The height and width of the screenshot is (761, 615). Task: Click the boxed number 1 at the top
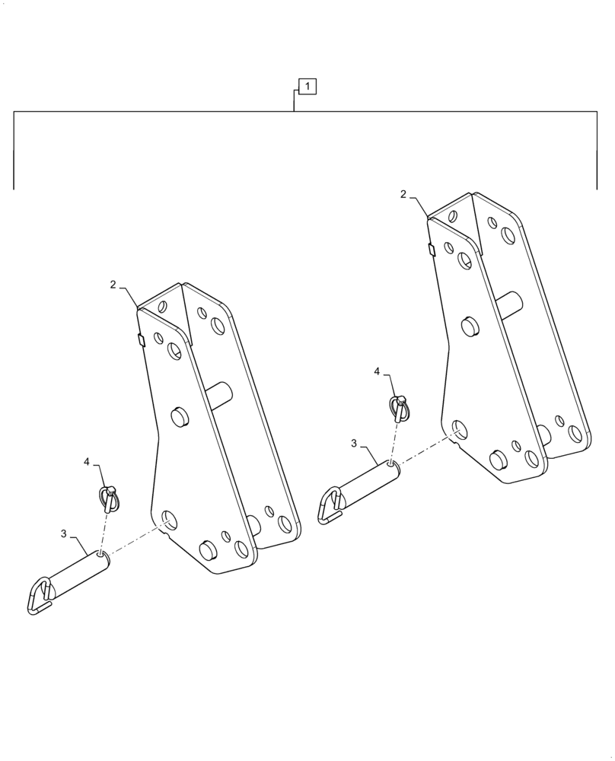pos(307,87)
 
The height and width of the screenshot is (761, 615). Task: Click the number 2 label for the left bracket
pos(113,285)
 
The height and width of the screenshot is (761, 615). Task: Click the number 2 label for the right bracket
pos(403,194)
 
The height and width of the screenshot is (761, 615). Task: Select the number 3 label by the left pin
pos(64,534)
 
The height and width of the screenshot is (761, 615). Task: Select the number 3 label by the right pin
pos(354,443)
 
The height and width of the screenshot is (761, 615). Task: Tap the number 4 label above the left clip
pos(87,462)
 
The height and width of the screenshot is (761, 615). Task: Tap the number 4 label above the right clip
pos(377,371)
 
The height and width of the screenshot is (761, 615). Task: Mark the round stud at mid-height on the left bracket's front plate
pos(180,417)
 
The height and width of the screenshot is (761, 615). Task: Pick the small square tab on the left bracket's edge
pos(141,339)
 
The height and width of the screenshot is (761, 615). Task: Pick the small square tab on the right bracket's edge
pos(432,250)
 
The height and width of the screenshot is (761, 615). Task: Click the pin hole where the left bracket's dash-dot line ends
pos(169,521)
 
